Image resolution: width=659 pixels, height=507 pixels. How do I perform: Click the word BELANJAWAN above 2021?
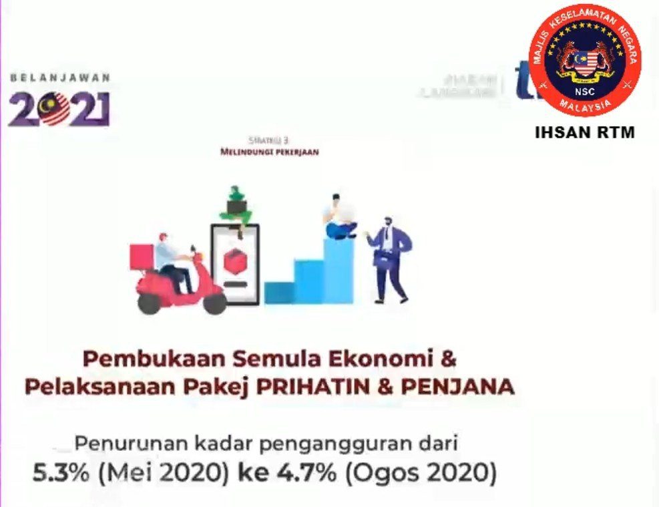(x=60, y=77)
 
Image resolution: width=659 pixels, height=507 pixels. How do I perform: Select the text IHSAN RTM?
(x=584, y=133)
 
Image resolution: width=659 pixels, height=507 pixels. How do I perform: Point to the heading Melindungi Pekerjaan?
(x=269, y=152)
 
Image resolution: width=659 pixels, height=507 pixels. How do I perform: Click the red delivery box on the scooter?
(x=142, y=257)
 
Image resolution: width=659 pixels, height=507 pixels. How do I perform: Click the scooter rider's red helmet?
(x=163, y=237)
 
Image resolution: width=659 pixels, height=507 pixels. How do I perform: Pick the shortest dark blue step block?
(x=278, y=293)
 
